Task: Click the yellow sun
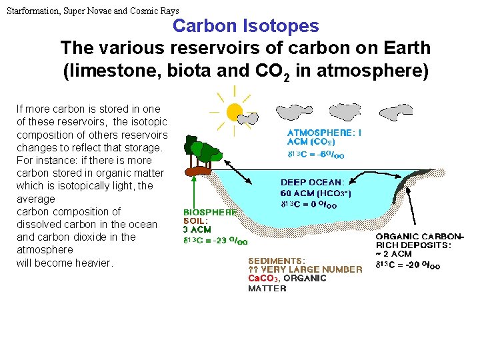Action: [x=235, y=111]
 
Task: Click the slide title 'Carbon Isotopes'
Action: [x=246, y=26]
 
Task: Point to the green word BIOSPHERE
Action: [x=211, y=213]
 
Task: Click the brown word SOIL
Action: [x=196, y=221]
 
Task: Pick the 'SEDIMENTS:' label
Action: [x=277, y=261]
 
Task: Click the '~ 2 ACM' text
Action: [x=394, y=254]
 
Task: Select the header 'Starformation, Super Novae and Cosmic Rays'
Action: [x=93, y=11]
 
